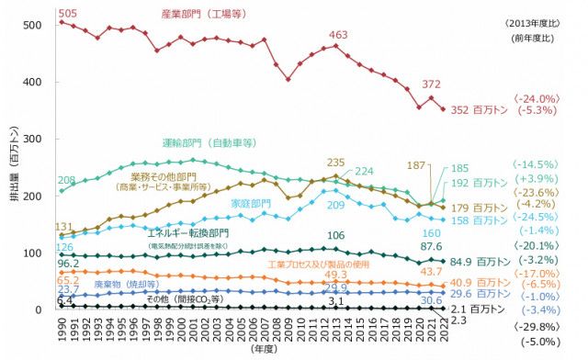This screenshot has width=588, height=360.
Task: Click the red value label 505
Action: tap(67, 13)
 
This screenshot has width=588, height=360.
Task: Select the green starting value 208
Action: tap(67, 180)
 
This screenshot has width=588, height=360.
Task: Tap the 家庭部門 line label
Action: tap(250, 203)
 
